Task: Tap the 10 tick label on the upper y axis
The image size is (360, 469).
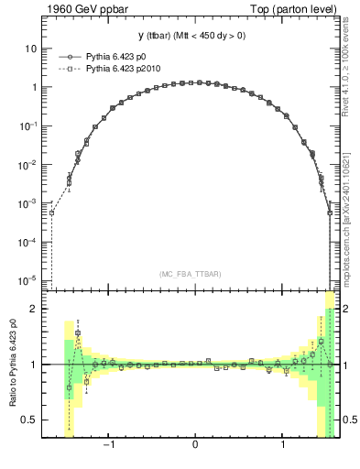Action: tap(30, 49)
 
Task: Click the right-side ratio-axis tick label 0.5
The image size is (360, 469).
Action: tap(349, 420)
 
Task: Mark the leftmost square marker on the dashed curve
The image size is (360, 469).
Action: tap(52, 213)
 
